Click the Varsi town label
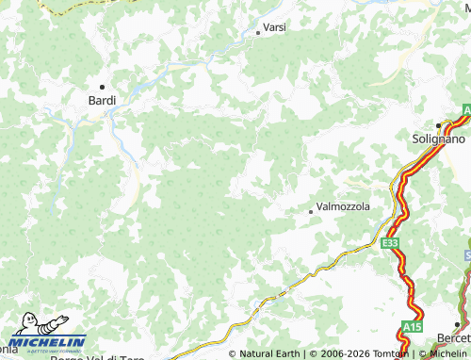click(274, 27)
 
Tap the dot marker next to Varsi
click(258, 33)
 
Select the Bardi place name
click(102, 99)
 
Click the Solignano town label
click(439, 139)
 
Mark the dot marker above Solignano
click(439, 125)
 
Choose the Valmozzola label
click(343, 206)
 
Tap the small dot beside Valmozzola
click(311, 212)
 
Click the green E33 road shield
click(390, 243)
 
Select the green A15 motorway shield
click(412, 327)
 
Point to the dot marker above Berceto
click(457, 325)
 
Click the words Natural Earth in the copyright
click(270, 354)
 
